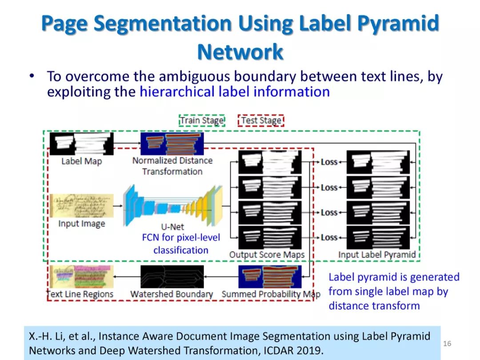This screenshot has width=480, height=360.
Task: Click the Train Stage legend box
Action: click(202, 120)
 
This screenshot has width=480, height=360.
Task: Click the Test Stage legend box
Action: click(261, 120)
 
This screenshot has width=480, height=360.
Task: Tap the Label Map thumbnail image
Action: click(81, 144)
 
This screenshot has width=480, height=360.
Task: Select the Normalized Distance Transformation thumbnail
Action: click(172, 144)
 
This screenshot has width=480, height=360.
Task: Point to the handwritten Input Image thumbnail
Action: click(81, 206)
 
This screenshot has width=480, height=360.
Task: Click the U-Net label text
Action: click(173, 227)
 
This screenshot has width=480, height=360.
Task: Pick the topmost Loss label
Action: click(329, 162)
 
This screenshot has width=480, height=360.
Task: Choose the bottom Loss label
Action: click(329, 238)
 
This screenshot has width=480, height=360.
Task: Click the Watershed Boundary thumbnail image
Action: click(172, 276)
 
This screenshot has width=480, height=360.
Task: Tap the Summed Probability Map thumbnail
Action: click(270, 276)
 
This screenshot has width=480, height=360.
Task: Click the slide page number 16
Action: click(447, 344)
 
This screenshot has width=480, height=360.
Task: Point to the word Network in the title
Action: click(240, 52)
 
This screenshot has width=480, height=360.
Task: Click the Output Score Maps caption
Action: click(267, 255)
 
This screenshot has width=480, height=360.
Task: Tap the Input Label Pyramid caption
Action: click(377, 255)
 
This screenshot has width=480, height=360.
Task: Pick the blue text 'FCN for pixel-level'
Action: click(181, 238)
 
